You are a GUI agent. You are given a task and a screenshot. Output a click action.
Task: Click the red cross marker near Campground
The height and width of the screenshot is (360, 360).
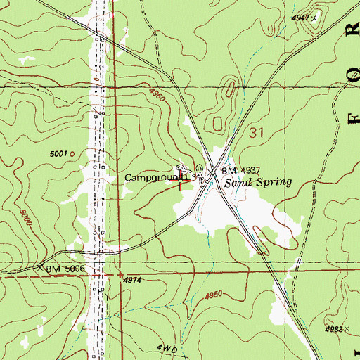[184, 181]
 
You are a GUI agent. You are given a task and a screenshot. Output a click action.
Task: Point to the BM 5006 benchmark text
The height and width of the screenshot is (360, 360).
[67, 269]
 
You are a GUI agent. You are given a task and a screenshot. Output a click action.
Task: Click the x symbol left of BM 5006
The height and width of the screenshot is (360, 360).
[40, 268]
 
